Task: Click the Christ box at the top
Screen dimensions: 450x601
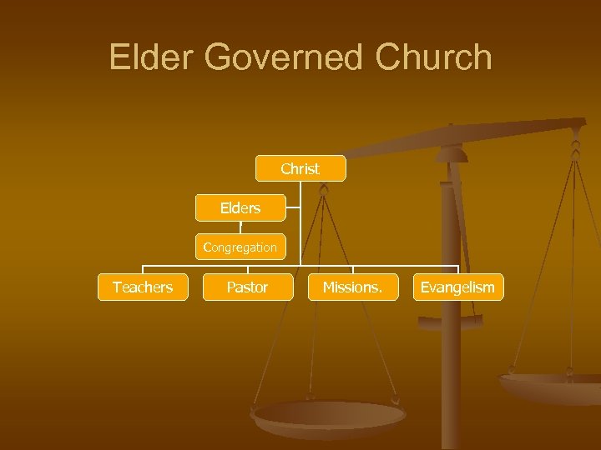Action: tap(300, 169)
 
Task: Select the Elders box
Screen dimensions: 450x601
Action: tap(240, 208)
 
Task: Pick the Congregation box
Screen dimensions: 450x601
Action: tap(240, 247)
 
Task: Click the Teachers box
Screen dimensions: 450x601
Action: tap(143, 287)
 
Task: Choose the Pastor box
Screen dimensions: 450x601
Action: tap(248, 287)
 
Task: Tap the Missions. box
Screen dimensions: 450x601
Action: tap(352, 287)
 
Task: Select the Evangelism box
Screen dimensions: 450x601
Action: tap(457, 287)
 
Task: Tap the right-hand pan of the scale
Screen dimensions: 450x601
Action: tap(551, 385)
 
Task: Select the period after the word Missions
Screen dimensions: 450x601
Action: tap(381, 292)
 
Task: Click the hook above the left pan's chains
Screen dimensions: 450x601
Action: tap(324, 189)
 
